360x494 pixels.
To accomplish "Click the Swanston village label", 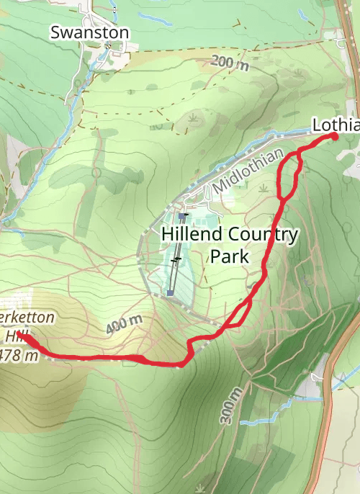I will click(x=89, y=32).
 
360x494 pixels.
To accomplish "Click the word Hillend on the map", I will click(x=190, y=234).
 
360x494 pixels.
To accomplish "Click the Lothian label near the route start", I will click(x=336, y=125).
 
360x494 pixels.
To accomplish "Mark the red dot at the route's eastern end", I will click(x=334, y=136).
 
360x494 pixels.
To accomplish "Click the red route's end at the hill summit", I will click(x=22, y=335).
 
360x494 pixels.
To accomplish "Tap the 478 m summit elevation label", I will click(x=19, y=355).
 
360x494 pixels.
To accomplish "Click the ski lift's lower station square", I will click(x=169, y=293).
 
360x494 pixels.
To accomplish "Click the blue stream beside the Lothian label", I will click(x=288, y=134).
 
